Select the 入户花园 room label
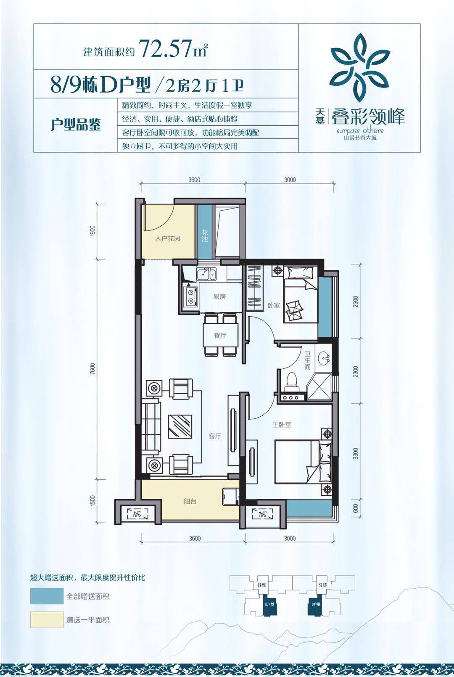[x=167, y=239]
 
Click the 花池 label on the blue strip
[x=205, y=236]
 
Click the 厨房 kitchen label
[x=219, y=297]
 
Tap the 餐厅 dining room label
[x=220, y=336]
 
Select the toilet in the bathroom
[x=291, y=381]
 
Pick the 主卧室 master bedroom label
[x=281, y=425]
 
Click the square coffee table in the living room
[x=180, y=427]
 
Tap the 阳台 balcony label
[x=190, y=501]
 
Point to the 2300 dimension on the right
[x=356, y=371]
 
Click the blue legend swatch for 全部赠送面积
[x=46, y=596]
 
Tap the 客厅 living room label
[x=215, y=436]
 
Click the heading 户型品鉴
[x=76, y=125]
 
